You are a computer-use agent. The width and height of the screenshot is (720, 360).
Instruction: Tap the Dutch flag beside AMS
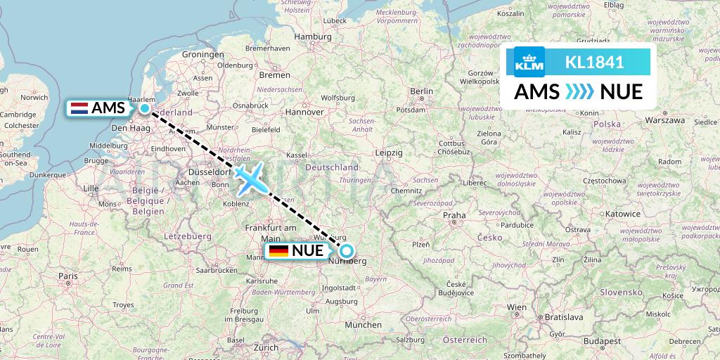[x=79, y=108]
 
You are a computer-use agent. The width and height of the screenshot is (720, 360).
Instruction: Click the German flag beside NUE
[x=278, y=251]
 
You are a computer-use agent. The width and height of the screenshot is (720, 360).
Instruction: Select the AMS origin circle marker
[x=145, y=108]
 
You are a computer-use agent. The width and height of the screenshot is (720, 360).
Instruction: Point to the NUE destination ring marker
[x=346, y=251]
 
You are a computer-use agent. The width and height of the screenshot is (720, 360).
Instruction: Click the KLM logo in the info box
[x=529, y=62]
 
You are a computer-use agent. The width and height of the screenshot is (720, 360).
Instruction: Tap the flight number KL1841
[x=594, y=62]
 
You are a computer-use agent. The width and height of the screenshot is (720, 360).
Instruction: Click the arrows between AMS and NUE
[x=580, y=91]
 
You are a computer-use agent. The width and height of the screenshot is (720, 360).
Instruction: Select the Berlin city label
[x=422, y=91]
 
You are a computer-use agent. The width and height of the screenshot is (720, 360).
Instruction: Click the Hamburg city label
[x=312, y=37]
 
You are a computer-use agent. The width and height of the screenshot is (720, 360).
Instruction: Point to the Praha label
[x=454, y=215]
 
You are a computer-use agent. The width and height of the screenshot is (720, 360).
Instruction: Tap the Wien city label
[x=517, y=307]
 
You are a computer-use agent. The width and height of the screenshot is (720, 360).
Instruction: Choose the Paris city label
[x=68, y=276]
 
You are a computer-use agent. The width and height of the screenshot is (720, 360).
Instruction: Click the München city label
[x=364, y=325]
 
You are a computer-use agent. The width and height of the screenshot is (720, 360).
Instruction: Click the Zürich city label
[x=266, y=347]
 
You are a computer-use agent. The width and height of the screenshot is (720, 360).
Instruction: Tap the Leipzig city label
[x=389, y=152]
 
